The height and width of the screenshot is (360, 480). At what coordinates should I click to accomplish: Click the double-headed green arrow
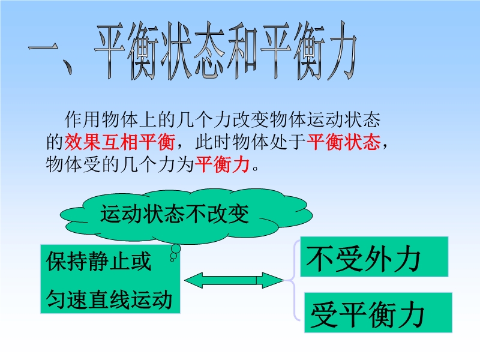[x=234, y=280]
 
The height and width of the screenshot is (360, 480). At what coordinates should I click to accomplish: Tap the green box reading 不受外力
[x=374, y=257]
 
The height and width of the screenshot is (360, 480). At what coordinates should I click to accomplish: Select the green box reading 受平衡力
[x=378, y=313]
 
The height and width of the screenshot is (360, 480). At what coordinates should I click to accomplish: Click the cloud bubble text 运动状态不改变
[x=175, y=214]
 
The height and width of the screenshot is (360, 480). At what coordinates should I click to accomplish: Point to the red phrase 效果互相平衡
[x=119, y=142]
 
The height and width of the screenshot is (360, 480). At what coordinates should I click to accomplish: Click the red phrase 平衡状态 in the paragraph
[x=343, y=142]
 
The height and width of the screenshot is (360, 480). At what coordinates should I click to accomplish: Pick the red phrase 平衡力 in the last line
[x=222, y=164]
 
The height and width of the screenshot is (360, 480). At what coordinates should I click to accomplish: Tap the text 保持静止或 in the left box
[x=98, y=262]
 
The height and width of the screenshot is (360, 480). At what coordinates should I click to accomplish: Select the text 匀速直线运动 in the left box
[x=109, y=299]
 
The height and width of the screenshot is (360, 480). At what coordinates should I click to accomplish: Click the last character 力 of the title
[x=341, y=50]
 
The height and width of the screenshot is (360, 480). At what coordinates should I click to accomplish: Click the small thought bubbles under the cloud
[x=175, y=253]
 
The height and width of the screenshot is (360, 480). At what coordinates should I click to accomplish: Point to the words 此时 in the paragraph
[x=214, y=142]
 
